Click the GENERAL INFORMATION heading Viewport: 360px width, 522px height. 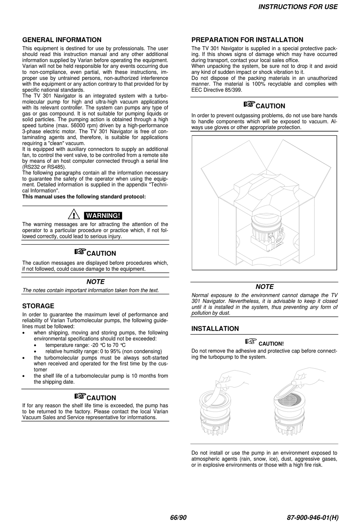(x=62, y=40)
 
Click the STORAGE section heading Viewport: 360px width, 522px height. (x=38, y=306)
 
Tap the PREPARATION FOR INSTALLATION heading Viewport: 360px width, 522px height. (x=247, y=40)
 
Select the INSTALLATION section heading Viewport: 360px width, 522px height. (x=215, y=329)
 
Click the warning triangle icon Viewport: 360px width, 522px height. (x=73, y=215)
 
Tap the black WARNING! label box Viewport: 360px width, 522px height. (x=103, y=216)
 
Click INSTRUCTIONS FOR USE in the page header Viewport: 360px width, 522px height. (x=297, y=7)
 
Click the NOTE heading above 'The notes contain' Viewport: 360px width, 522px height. (x=95, y=282)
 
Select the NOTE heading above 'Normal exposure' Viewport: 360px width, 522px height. (x=265, y=287)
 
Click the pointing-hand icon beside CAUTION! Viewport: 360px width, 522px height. (x=251, y=342)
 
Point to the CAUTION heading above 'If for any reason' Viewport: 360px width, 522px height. (x=101, y=398)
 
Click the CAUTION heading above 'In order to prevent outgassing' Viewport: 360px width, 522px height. (x=270, y=106)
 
